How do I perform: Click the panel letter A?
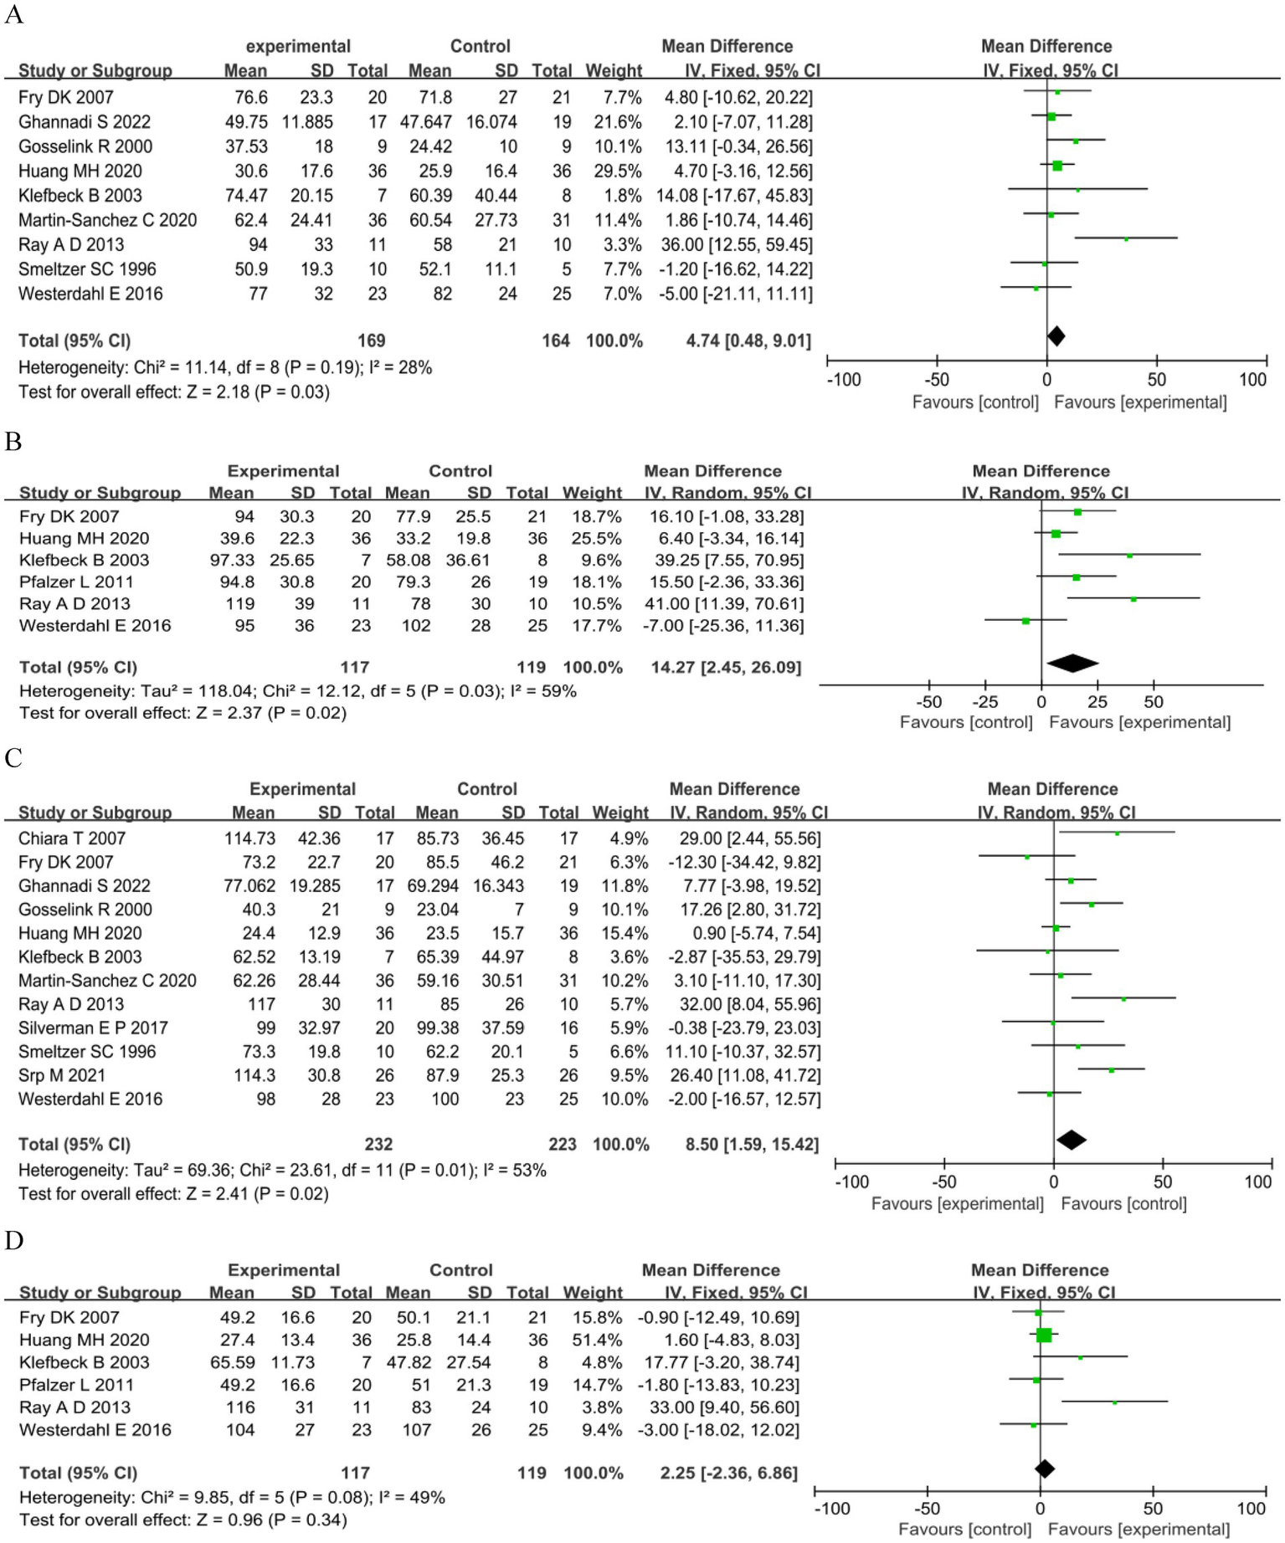pos(13,14)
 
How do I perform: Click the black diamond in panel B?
pos(1072,664)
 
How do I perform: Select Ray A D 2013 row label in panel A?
pos(71,245)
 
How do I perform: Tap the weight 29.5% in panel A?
pos(618,172)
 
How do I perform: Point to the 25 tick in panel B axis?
pos(1097,702)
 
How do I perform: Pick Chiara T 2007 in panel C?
pos(72,838)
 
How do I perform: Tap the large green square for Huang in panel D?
pos(1044,1335)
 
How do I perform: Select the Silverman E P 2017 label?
pos(93,1028)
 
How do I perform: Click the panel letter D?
pos(13,1240)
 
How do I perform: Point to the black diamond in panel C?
pos(1071,1140)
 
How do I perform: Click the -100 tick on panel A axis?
pos(843,380)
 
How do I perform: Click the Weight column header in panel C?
pos(619,813)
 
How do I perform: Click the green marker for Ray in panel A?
pos(1126,239)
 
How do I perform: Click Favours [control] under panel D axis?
pos(964,1530)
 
